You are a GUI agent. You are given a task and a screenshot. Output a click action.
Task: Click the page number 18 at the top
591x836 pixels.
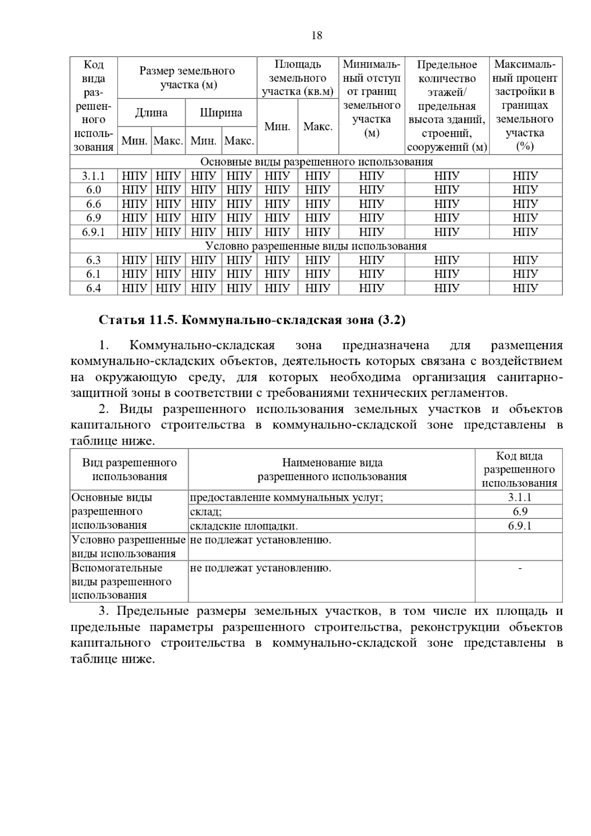(317, 35)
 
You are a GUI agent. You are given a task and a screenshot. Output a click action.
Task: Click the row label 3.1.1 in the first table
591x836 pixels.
(94, 176)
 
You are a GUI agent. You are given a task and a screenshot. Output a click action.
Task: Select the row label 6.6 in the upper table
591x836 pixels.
(94, 204)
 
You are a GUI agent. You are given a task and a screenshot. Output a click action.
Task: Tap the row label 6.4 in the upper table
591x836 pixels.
(94, 288)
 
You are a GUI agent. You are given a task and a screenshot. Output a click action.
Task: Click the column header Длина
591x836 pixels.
(151, 113)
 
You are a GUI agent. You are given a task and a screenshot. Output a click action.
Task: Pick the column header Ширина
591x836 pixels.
(221, 113)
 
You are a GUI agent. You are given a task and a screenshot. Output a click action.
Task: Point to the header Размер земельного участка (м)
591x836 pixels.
(187, 78)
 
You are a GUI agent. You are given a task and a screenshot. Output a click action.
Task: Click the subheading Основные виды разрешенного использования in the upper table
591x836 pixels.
(316, 162)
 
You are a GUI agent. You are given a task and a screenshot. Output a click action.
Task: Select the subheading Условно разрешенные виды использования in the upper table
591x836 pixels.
(316, 246)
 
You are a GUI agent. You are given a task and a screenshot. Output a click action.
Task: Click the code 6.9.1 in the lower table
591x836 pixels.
(520, 526)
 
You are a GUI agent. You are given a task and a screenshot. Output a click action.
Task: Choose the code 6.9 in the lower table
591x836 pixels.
(520, 512)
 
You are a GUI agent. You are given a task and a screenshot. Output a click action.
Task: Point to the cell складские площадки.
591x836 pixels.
(244, 526)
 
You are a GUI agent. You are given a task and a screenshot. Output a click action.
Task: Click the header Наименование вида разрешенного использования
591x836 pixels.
(332, 469)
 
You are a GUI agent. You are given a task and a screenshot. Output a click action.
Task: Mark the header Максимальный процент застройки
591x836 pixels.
(525, 105)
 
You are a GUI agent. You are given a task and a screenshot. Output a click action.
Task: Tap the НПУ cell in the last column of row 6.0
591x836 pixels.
(525, 190)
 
